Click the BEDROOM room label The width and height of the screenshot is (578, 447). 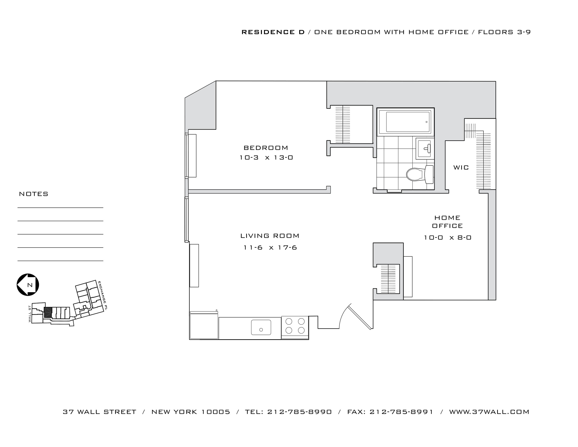(x=266, y=148)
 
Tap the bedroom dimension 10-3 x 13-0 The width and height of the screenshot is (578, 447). (x=266, y=158)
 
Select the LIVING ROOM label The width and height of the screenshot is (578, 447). (x=270, y=236)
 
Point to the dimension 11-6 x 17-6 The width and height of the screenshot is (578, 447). (x=270, y=248)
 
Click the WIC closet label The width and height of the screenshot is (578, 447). (x=461, y=167)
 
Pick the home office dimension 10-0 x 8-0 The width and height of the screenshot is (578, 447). (x=447, y=237)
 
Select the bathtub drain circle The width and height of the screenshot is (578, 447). (x=426, y=122)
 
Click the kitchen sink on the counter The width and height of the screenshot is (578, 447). (x=261, y=327)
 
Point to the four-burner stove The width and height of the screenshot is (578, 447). (x=295, y=326)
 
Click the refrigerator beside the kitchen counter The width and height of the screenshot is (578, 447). (x=204, y=326)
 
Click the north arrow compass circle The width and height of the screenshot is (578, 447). (x=28, y=285)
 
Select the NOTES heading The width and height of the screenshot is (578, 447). (x=34, y=194)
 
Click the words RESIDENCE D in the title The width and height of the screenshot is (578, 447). (x=273, y=32)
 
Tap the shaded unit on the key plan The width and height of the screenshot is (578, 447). (x=48, y=312)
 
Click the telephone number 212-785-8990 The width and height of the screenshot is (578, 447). (x=299, y=412)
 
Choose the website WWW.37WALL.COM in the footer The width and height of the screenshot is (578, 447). (x=489, y=412)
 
